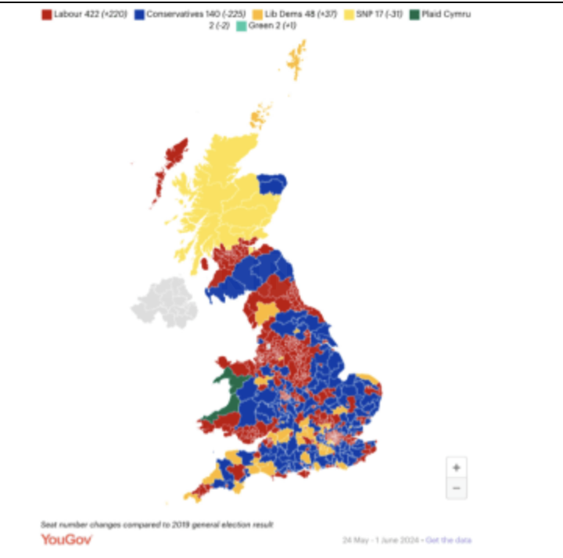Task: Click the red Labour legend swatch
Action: (x=46, y=14)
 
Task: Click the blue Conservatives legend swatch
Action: (x=140, y=14)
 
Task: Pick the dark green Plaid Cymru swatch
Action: (x=414, y=14)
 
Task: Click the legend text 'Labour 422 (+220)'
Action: (x=91, y=14)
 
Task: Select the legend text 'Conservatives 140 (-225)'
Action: (x=195, y=14)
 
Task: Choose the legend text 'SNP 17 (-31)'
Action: (x=377, y=14)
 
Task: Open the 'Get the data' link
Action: (x=449, y=540)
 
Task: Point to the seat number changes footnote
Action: (x=157, y=524)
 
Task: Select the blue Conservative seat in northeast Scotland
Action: (x=271, y=186)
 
